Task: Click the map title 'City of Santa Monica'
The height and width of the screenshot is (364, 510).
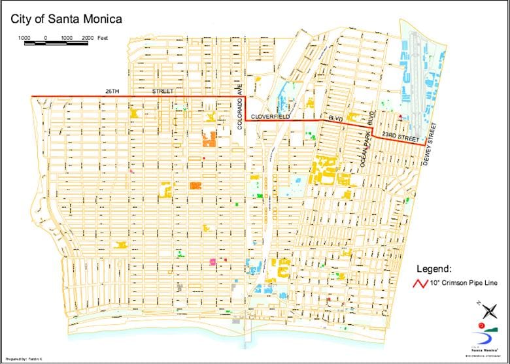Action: click(66, 20)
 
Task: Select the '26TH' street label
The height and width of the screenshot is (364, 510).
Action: click(112, 91)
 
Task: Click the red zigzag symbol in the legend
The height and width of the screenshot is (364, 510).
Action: click(418, 284)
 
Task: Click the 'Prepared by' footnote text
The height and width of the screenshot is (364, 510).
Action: click(26, 359)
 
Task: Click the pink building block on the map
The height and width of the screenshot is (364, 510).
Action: click(212, 261)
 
